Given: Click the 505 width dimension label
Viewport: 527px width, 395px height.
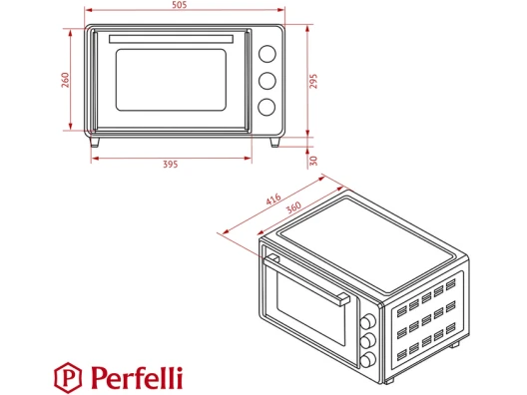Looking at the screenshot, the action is click(179, 5).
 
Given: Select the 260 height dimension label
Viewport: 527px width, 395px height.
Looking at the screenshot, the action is click(65, 80).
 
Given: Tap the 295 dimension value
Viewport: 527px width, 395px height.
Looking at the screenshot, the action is click(313, 81).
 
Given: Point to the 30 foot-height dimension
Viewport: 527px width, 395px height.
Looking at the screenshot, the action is click(313, 161).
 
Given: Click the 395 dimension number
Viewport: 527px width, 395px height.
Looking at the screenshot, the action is click(171, 165).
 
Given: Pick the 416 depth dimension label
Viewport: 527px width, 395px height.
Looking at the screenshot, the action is click(273, 198).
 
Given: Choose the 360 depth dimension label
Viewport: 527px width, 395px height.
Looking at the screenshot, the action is click(293, 207).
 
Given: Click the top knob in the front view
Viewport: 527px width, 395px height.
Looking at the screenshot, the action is click(267, 54).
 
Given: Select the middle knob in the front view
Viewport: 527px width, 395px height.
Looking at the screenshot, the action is click(267, 81).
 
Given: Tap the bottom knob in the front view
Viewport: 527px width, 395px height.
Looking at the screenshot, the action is click(266, 107).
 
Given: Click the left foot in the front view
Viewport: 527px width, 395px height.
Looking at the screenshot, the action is click(95, 142).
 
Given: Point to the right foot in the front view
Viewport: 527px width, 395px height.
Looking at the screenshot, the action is click(274, 142).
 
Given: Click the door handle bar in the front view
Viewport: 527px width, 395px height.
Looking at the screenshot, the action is click(171, 39).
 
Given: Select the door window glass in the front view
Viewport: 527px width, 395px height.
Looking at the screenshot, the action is click(171, 80).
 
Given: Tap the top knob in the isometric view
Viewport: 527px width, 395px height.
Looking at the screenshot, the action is click(368, 321).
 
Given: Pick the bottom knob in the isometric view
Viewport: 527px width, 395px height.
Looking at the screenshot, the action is click(368, 359).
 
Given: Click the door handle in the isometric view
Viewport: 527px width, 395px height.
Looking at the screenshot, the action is click(306, 279).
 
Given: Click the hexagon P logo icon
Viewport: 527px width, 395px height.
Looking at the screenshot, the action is click(68, 377).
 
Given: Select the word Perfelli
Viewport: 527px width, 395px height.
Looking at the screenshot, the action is click(137, 377).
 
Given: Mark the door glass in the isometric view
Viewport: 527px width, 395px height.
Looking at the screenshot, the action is click(310, 307).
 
